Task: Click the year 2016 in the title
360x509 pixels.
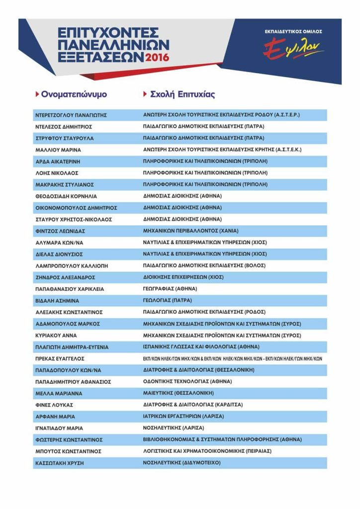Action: click(x=157, y=57)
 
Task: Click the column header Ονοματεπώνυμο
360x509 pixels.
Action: click(x=74, y=94)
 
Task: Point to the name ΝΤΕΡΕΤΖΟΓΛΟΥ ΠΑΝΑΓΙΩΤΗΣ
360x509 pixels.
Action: click(x=72, y=115)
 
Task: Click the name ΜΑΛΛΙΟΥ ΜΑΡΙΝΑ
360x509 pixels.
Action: click(x=58, y=150)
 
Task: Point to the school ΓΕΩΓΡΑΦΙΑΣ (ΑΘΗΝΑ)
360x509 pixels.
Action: click(x=170, y=289)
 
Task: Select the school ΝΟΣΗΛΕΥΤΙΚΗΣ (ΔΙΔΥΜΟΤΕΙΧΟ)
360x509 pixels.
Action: click(x=181, y=463)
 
